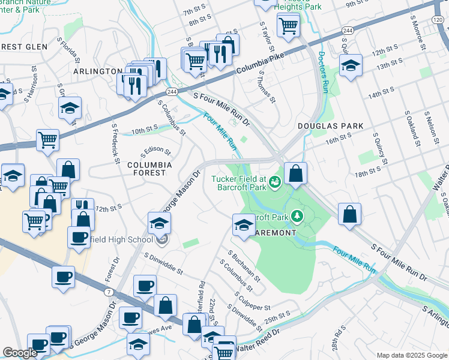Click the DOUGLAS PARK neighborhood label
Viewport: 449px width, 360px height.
tap(331, 126)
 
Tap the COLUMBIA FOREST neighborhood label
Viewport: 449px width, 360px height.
tap(148, 169)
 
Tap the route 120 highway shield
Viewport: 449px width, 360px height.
tap(442, 20)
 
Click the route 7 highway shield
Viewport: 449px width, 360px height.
tap(108, 292)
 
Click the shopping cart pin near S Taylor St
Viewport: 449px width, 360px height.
tap(288, 25)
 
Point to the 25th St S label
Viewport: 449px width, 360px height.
tap(277, 314)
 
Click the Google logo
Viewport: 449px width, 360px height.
tap(20, 353)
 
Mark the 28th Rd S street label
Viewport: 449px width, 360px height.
tap(340, 340)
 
